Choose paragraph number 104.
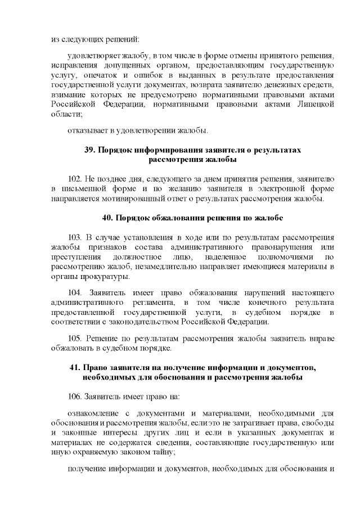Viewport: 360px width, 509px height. point(74,293)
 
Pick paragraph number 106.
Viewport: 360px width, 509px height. point(74,397)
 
